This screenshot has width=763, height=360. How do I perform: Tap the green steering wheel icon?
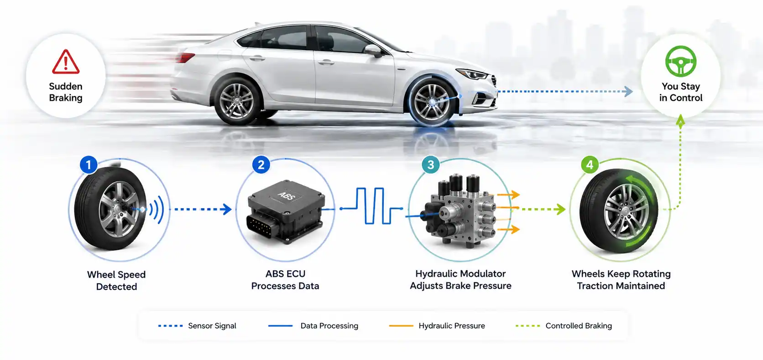680,61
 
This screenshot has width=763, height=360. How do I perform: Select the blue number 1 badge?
89,165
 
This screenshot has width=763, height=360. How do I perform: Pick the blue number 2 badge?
261,165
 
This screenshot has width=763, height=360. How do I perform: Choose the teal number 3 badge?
430,165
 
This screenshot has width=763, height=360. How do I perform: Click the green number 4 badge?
590,165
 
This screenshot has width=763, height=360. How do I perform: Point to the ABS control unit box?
286,211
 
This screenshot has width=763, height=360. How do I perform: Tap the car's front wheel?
432,101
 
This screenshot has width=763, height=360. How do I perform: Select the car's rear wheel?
237,101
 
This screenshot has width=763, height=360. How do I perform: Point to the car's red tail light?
185,57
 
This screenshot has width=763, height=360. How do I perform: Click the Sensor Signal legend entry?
197,326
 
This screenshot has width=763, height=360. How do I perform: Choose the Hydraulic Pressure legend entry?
437,326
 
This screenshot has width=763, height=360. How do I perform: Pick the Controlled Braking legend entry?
564,326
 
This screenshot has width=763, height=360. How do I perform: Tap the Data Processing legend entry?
313,326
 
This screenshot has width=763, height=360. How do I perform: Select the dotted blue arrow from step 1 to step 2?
203,209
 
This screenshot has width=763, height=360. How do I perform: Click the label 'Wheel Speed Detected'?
116,280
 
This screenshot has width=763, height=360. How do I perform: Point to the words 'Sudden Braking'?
66,92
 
